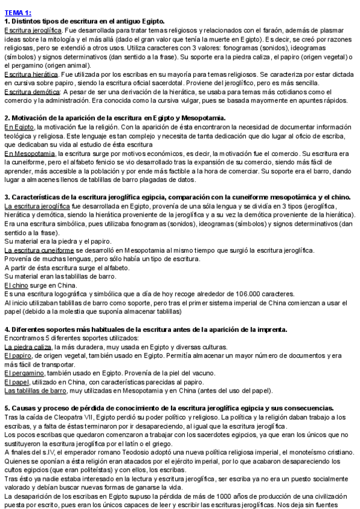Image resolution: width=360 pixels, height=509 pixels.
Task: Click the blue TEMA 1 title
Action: (x=17, y=12)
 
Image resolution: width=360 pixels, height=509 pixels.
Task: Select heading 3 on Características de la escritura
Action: (x=178, y=197)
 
